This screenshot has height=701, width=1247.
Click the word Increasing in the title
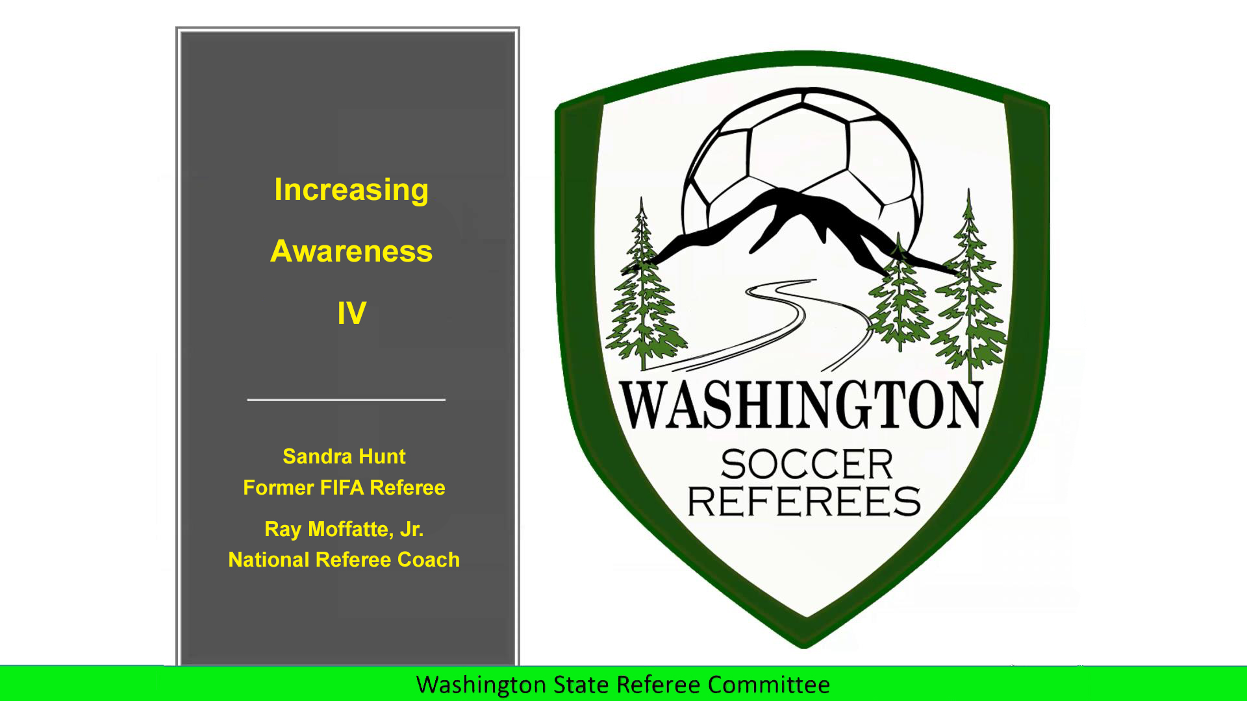pyautogui.click(x=351, y=191)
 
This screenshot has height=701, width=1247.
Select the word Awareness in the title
pyautogui.click(x=351, y=251)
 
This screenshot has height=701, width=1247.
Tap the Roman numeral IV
pyautogui.click(x=351, y=313)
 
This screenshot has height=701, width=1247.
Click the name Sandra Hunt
pyautogui.click(x=344, y=456)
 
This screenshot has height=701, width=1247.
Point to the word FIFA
pyautogui.click(x=342, y=487)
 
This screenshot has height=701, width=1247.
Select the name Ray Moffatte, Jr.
pyautogui.click(x=344, y=530)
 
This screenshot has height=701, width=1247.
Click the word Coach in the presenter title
pyautogui.click(x=429, y=560)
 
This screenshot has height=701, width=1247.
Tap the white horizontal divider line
pyautogui.click(x=346, y=400)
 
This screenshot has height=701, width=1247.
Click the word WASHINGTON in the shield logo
pyautogui.click(x=801, y=405)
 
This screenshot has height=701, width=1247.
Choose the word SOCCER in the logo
pyautogui.click(x=807, y=464)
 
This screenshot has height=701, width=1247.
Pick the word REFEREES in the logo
pyautogui.click(x=804, y=501)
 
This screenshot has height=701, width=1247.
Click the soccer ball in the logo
pyautogui.click(x=803, y=166)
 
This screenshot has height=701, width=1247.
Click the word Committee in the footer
pyautogui.click(x=769, y=685)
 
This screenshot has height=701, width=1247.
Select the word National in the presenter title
pyautogui.click(x=270, y=560)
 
